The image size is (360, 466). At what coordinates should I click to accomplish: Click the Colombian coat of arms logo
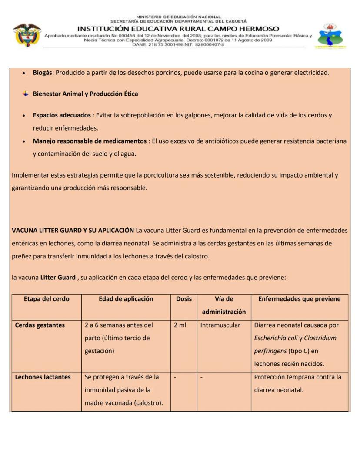tap(27, 35)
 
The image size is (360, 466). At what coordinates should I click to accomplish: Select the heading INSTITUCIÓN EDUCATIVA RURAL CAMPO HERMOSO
tap(178, 29)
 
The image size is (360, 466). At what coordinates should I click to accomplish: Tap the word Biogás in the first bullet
tap(43, 73)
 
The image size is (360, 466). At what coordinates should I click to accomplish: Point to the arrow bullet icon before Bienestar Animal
tap(26, 94)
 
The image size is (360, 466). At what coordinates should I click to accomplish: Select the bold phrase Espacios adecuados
tap(62, 115)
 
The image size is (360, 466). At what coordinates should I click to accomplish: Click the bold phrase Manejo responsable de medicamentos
tap(90, 141)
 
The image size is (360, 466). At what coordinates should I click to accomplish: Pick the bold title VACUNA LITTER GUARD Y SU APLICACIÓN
tap(73, 230)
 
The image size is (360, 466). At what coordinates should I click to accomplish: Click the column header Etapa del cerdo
tap(47, 299)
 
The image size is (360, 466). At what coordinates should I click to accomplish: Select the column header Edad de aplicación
tap(126, 299)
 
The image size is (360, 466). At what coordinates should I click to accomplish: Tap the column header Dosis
tap(183, 299)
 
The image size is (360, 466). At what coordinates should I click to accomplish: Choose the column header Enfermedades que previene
tap(299, 299)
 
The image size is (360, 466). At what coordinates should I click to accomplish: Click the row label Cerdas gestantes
tap(40, 325)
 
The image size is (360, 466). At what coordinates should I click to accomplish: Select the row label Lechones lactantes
tap(43, 377)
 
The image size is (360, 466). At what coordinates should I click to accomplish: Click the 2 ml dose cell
tap(180, 325)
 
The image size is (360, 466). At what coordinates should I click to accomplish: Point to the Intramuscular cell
tap(220, 325)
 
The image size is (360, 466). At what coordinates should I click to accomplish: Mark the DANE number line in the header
tap(178, 44)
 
